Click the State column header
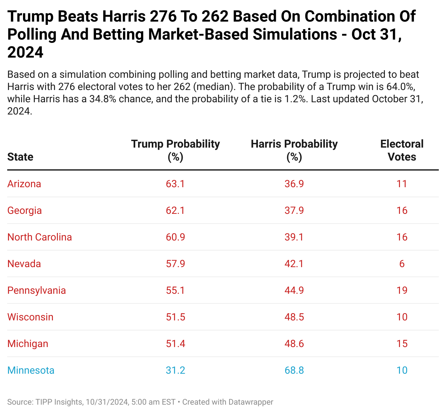[x=20, y=157]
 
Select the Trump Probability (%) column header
[x=176, y=150]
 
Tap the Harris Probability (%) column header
[x=294, y=150]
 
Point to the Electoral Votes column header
[x=402, y=150]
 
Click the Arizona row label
[x=24, y=184]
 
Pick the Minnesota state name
[x=31, y=370]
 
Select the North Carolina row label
[x=40, y=237]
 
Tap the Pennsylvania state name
[x=37, y=291]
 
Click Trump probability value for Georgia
[x=176, y=211]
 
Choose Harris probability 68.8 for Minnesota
[x=294, y=370]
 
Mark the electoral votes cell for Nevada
[x=402, y=264]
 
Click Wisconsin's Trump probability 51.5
[x=176, y=317]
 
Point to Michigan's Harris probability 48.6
[x=294, y=344]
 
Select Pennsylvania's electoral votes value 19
[x=402, y=291]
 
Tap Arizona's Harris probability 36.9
[x=294, y=184]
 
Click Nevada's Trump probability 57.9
[x=176, y=264]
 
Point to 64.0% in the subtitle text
[x=398, y=87]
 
